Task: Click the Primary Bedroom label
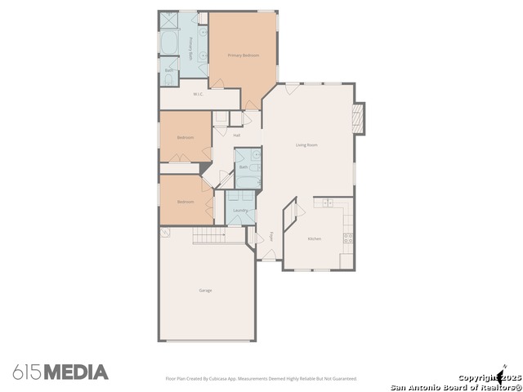pyautogui.click(x=244, y=55)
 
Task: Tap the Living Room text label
pyautogui.click(x=306, y=145)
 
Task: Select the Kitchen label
pyautogui.click(x=315, y=238)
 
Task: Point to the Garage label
pyautogui.click(x=205, y=290)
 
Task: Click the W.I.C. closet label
pyautogui.click(x=198, y=94)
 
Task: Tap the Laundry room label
pyautogui.click(x=240, y=211)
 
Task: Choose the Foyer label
pyautogui.click(x=272, y=236)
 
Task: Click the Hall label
pyautogui.click(x=237, y=135)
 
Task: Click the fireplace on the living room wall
pyautogui.click(x=358, y=118)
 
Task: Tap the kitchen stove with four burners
pyautogui.click(x=348, y=238)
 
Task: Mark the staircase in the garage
pyautogui.click(x=209, y=235)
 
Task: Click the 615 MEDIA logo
pyautogui.click(x=60, y=372)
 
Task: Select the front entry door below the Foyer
pyautogui.click(x=270, y=256)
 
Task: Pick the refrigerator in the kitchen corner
pyautogui.click(x=347, y=259)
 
